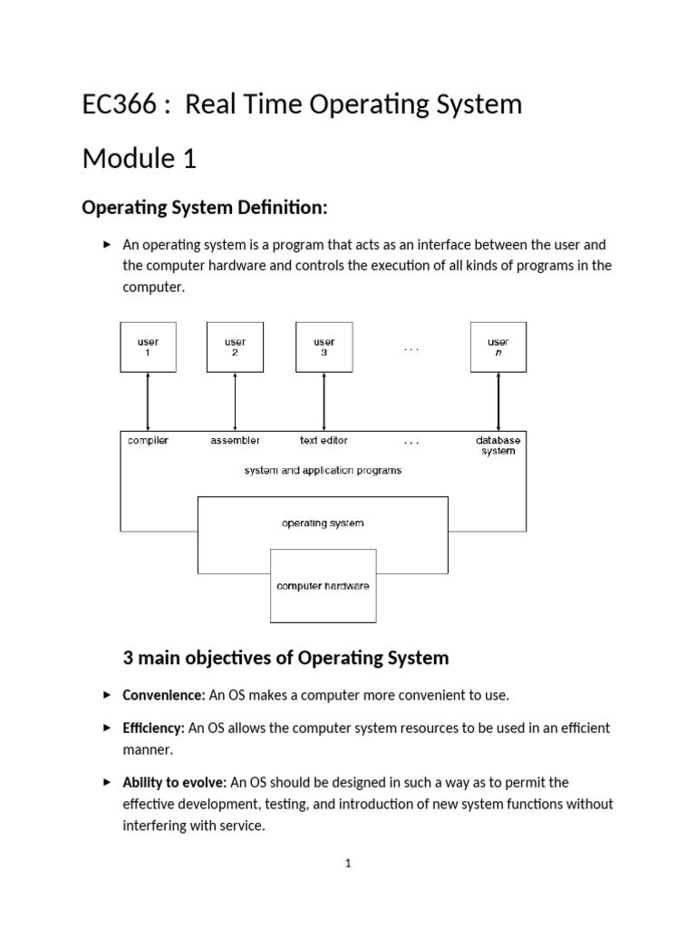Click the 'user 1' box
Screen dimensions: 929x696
tap(148, 347)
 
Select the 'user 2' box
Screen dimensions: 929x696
tap(235, 347)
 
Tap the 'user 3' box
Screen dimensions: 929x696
tap(324, 347)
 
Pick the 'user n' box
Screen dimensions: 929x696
tap(498, 347)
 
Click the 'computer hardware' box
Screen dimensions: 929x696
tap(323, 586)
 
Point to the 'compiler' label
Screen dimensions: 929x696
tap(148, 441)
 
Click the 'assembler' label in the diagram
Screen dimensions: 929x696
tap(235, 441)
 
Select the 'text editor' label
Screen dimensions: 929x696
tap(324, 441)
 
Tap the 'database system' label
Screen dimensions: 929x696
tap(498, 445)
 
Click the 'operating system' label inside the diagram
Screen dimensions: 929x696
tap(323, 523)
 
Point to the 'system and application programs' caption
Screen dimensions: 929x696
tap(323, 471)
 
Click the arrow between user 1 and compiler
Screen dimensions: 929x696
tap(148, 400)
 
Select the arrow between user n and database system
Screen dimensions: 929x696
tap(498, 400)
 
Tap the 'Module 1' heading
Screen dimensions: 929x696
tap(139, 159)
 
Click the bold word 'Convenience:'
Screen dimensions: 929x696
tap(164, 695)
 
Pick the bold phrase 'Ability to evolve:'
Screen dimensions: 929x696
tap(174, 782)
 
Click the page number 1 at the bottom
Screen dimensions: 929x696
tap(348, 864)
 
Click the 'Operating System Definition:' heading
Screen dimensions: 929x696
tap(204, 208)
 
